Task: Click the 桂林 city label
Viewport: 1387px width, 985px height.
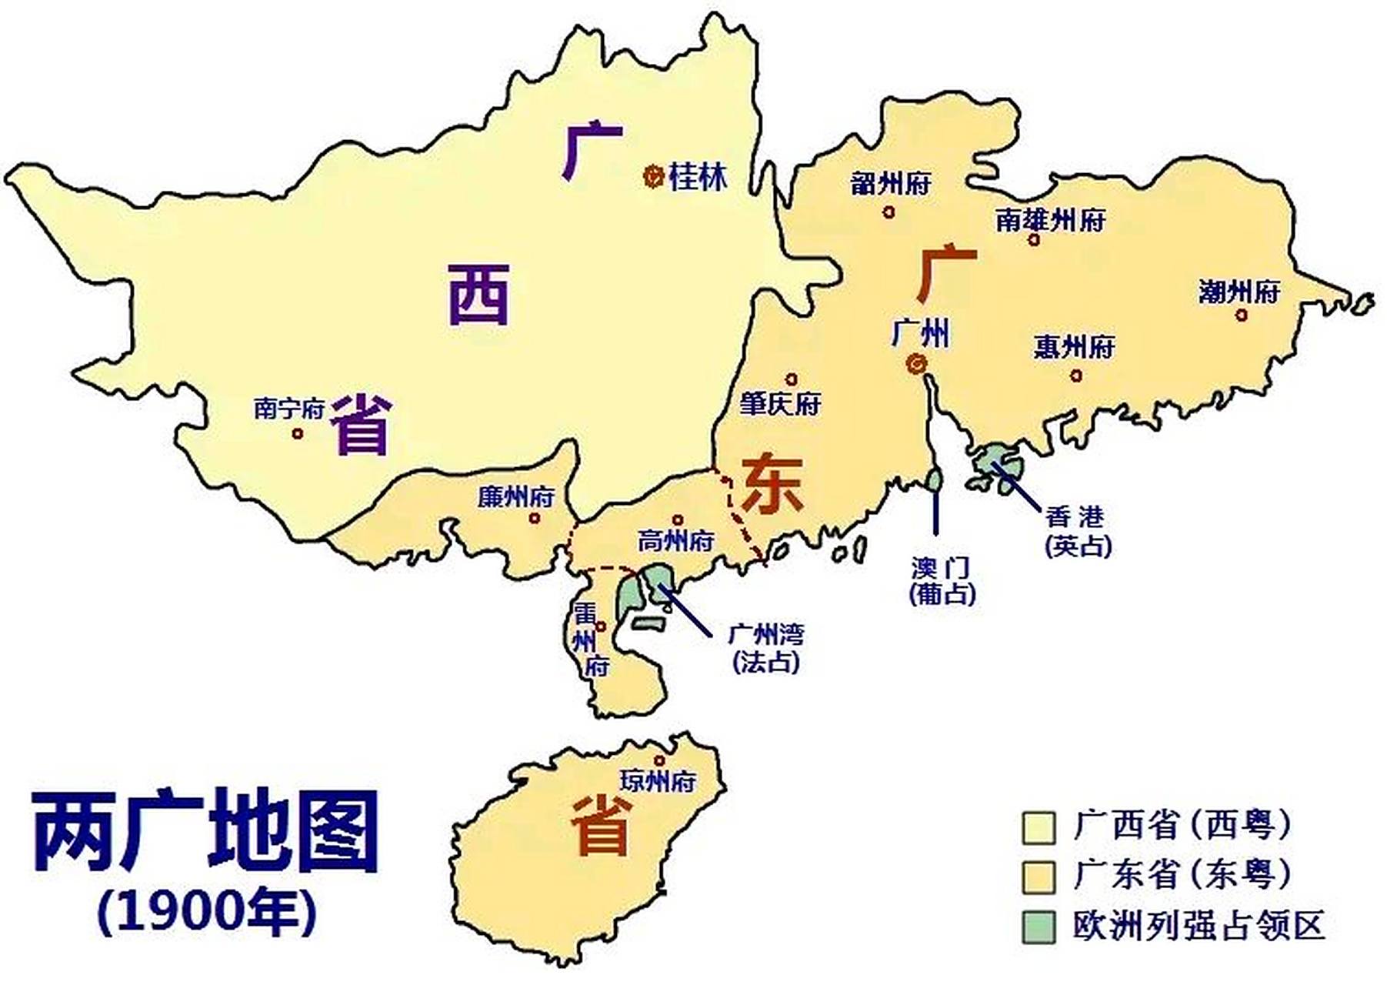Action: coord(698,177)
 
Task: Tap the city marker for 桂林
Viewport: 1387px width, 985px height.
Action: coord(653,177)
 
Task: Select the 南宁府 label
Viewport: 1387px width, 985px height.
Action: coord(289,408)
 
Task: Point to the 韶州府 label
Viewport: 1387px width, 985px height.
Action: coord(891,184)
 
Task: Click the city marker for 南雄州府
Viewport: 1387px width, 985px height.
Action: coord(1034,240)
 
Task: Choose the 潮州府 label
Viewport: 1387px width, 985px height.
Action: coord(1239,292)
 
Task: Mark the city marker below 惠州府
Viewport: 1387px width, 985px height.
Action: coord(1076,376)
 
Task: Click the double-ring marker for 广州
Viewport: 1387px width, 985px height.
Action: coord(916,364)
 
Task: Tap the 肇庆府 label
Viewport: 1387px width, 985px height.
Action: coord(780,404)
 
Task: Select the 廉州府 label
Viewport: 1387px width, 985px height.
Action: coord(515,497)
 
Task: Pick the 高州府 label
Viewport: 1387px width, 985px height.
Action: coord(675,541)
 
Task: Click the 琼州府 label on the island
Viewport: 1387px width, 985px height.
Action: coord(658,781)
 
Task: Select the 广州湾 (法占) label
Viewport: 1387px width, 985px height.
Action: coord(765,648)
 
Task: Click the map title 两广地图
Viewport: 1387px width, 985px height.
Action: coord(206,831)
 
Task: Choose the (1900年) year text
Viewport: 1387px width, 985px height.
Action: coord(206,913)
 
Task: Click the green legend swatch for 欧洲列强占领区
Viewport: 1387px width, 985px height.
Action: coord(1039,927)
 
